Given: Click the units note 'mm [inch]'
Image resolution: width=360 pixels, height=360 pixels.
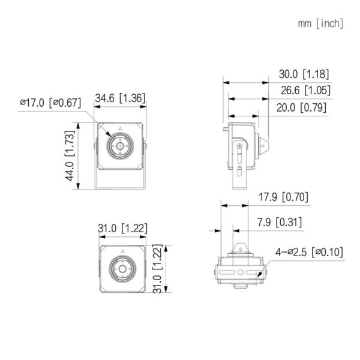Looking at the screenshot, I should point(320,23).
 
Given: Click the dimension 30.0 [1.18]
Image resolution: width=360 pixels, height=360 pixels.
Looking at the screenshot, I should point(304,74).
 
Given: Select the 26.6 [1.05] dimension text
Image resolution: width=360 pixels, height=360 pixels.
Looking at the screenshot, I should point(304,91).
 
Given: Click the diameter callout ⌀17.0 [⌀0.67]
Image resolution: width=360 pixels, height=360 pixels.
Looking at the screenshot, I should point(50,103).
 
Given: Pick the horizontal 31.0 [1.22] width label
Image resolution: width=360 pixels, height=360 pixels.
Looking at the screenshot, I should point(122,228).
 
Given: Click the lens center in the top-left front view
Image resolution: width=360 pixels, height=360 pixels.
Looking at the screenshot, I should point(120,146).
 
